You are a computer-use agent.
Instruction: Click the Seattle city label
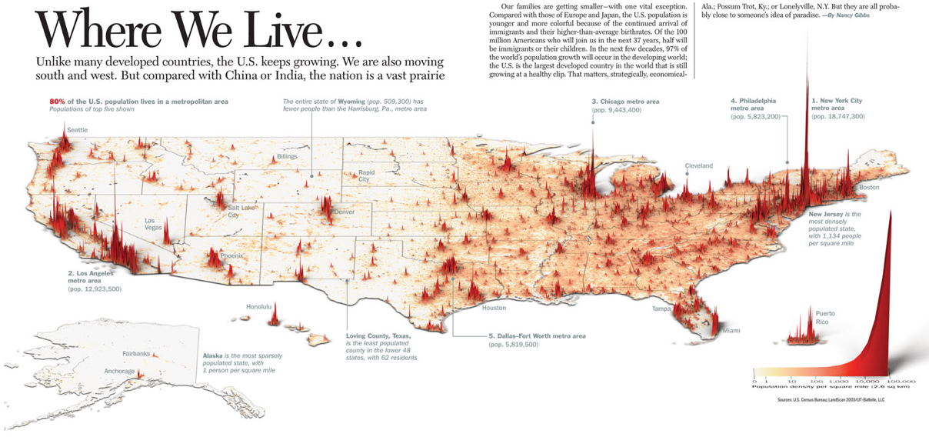pyautogui.click(x=77, y=130)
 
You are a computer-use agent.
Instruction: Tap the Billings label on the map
pyautogui.click(x=287, y=157)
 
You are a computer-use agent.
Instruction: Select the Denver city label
pyautogui.click(x=344, y=212)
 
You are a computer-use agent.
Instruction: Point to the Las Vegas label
pyautogui.click(x=155, y=224)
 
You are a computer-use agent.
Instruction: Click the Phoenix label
pyautogui.click(x=231, y=255)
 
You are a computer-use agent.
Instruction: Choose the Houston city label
pyautogui.click(x=494, y=308)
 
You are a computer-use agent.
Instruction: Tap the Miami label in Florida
pyautogui.click(x=731, y=331)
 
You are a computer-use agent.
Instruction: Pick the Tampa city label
pyautogui.click(x=662, y=309)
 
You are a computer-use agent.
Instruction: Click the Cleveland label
pyautogui.click(x=699, y=165)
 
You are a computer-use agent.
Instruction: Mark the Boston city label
pyautogui.click(x=869, y=188)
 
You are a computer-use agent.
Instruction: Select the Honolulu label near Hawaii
pyautogui.click(x=259, y=307)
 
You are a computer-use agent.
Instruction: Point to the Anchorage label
pyautogui.click(x=119, y=372)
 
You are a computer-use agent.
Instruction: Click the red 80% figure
pyautogui.click(x=57, y=102)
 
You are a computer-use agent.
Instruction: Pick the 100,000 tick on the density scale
pyautogui.click(x=901, y=381)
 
